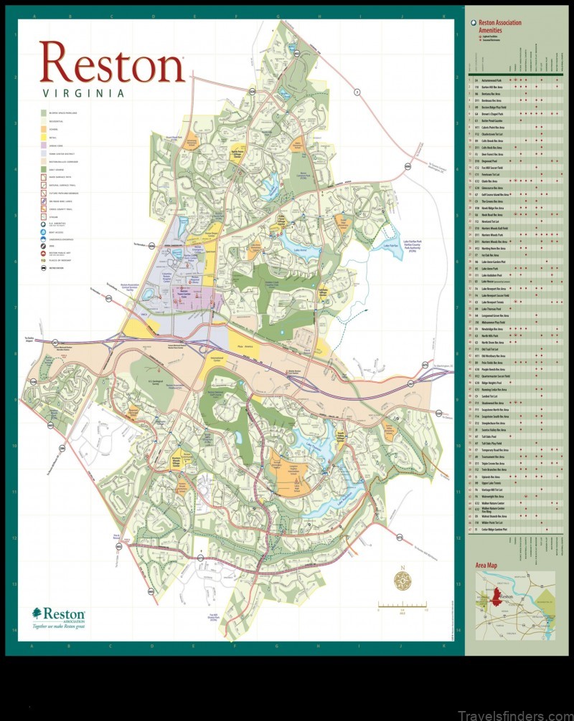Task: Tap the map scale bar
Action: click(402, 607)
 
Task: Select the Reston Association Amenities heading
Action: click(499, 27)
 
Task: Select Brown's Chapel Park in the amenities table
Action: click(495, 113)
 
